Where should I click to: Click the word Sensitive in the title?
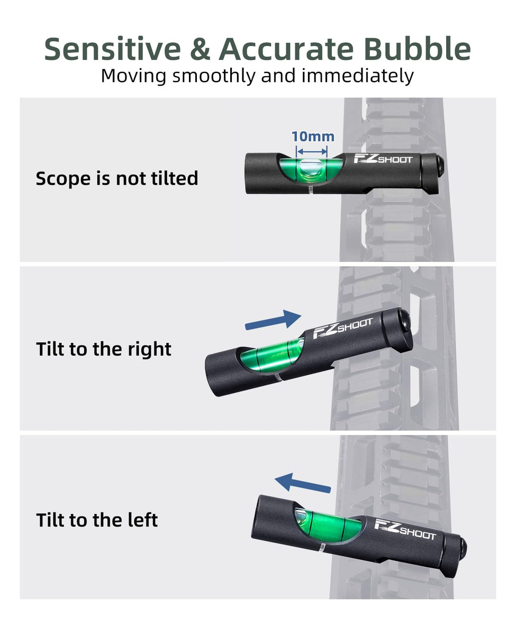(x=112, y=49)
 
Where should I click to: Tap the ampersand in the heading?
(x=199, y=49)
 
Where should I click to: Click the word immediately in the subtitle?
(x=357, y=76)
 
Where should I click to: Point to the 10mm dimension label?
(x=313, y=137)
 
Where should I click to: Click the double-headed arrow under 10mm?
(x=313, y=150)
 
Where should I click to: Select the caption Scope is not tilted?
(x=116, y=178)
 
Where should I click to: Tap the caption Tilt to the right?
(x=104, y=349)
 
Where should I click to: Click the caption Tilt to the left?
(x=97, y=520)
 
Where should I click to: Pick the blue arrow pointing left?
(x=303, y=483)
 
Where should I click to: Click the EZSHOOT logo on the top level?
(x=382, y=159)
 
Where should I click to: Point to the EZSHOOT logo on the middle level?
(x=343, y=328)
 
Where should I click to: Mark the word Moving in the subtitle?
(x=133, y=76)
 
